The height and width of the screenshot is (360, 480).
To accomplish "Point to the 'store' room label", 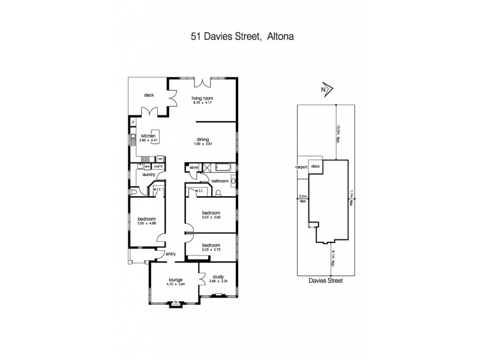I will tap(193, 168).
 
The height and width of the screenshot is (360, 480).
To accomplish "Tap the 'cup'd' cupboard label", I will tap(158, 166).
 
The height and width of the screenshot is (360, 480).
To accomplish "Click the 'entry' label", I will tap(171, 254).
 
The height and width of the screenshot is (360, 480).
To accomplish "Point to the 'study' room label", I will tap(218, 277).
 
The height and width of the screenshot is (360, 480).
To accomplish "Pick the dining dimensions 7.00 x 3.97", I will tap(202, 143).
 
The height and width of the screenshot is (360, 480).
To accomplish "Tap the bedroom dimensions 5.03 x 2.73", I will tap(211, 250).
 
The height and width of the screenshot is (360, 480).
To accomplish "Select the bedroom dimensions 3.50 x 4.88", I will tap(146, 223).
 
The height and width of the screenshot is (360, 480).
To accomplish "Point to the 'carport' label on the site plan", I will tap(301, 167).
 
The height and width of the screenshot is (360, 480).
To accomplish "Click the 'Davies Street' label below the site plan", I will tap(326, 280).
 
